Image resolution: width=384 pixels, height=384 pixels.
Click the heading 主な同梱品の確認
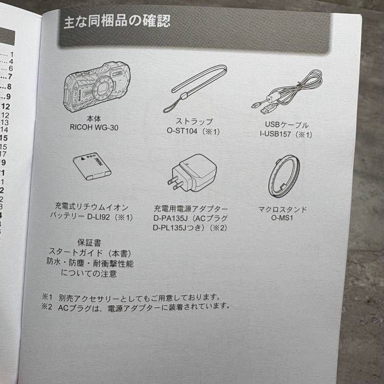pyautogui.click(x=117, y=21)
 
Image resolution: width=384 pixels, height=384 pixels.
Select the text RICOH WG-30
pyautogui.click(x=94, y=128)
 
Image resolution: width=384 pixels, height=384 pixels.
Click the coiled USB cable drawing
pyautogui.click(x=288, y=94)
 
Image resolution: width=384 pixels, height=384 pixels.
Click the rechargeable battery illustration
pyautogui.click(x=92, y=167)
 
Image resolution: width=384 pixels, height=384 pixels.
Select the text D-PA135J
pyautogui.click(x=168, y=218)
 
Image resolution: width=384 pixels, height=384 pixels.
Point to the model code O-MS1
pyautogui.click(x=283, y=219)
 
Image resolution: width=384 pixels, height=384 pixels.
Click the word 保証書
pyautogui.click(x=90, y=243)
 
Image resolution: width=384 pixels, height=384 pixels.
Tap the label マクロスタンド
pyautogui.click(x=283, y=209)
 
